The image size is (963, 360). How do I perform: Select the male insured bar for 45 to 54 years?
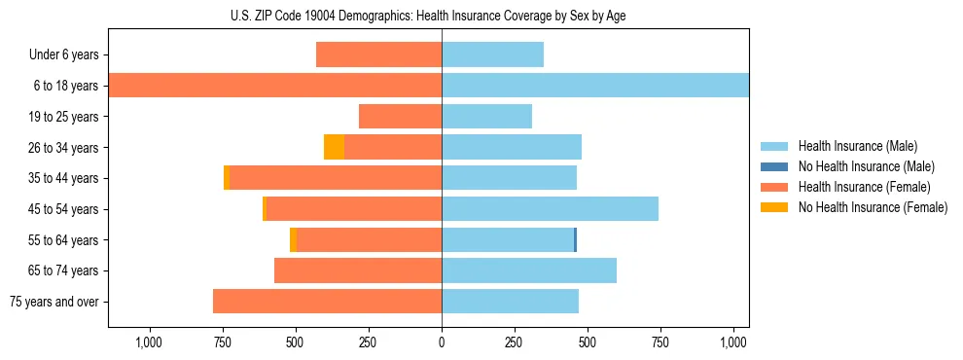(x=550, y=209)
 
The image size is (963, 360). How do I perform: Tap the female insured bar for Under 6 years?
(x=378, y=54)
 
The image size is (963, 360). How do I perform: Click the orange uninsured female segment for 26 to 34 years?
(x=334, y=147)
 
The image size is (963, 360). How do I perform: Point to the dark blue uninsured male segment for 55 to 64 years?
(x=575, y=239)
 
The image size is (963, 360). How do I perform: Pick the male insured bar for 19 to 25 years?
(x=486, y=117)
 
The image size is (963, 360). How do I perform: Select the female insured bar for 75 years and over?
(x=327, y=302)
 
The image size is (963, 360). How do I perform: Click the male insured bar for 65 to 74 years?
(x=529, y=270)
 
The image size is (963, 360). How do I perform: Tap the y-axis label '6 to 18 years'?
(x=65, y=86)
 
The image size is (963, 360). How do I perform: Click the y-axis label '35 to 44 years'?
(x=62, y=178)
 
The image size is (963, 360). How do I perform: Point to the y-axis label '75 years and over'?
(x=53, y=302)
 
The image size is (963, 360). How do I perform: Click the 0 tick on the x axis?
(x=442, y=342)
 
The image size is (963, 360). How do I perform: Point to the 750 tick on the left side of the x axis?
(x=222, y=342)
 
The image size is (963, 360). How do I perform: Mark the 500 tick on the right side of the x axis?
(x=588, y=342)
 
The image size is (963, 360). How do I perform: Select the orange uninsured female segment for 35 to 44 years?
(x=227, y=178)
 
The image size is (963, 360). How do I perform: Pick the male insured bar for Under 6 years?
(x=492, y=54)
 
